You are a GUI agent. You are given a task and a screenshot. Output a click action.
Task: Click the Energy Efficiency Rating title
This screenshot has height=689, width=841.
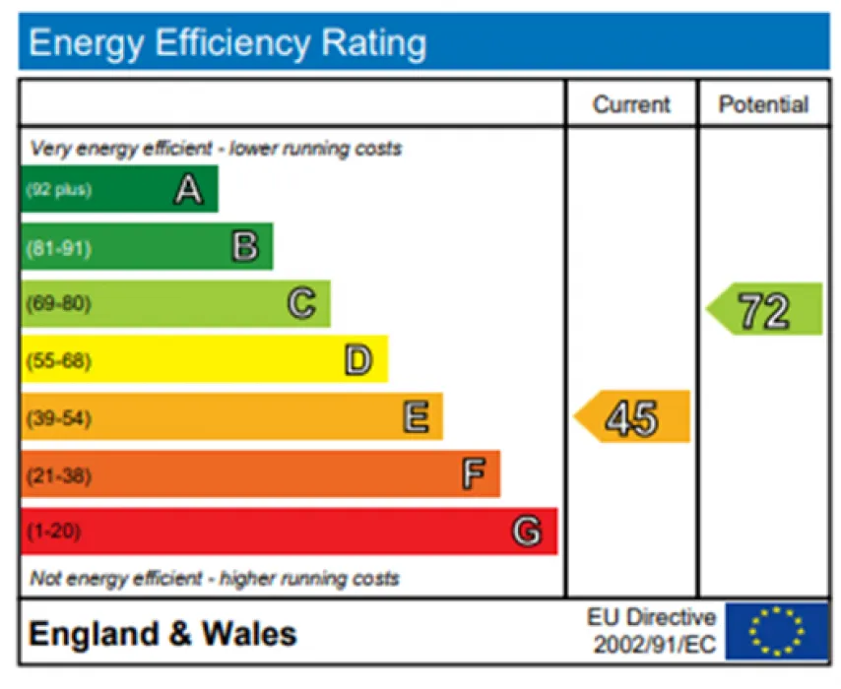tap(227, 43)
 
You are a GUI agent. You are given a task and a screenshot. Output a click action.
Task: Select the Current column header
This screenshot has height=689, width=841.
tap(631, 104)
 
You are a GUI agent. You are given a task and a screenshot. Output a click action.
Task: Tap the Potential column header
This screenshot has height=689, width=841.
tap(763, 104)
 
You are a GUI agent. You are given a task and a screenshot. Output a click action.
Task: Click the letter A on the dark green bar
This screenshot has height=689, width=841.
tap(188, 190)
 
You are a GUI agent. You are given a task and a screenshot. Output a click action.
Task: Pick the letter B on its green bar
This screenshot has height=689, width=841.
tap(244, 247)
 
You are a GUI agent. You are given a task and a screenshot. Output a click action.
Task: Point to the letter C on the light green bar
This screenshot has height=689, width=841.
tap(301, 304)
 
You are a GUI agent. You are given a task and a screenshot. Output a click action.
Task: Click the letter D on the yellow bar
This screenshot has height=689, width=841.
tap(358, 361)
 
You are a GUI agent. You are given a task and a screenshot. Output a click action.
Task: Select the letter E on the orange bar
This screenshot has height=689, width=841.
tap(416, 418)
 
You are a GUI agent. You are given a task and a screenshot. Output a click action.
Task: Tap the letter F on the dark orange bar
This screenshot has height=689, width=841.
tap(473, 475)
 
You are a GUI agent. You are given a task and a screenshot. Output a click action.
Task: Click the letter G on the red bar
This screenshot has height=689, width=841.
tap(527, 532)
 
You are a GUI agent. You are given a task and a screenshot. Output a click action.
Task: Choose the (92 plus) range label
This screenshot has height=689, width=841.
tap(59, 190)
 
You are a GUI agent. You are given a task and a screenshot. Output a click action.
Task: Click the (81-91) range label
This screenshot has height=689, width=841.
tap(58, 247)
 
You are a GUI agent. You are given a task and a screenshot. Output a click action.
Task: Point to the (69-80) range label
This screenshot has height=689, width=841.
tap(58, 304)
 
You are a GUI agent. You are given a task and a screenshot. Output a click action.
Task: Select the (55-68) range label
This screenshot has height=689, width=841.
tap(58, 361)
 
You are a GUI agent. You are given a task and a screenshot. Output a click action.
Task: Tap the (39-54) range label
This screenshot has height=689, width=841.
tap(58, 418)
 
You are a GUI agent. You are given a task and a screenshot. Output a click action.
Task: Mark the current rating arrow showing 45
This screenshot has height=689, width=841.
tap(632, 417)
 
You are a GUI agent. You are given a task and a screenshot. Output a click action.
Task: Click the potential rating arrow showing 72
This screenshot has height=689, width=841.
tap(764, 310)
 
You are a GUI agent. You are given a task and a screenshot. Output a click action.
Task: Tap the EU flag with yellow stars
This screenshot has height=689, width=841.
tap(776, 631)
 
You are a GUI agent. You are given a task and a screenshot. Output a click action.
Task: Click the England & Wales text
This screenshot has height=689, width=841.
tap(162, 633)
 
